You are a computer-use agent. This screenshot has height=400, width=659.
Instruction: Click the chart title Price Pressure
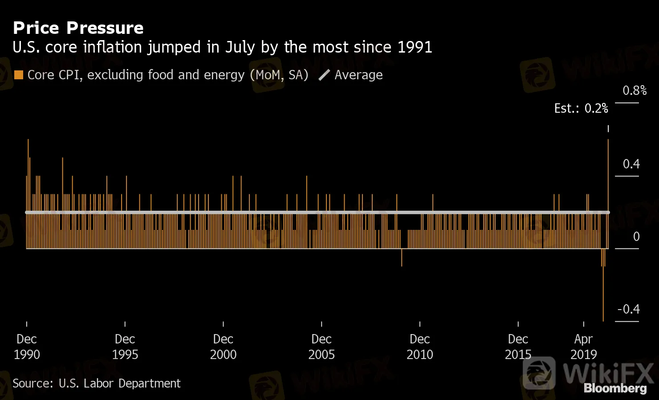78,28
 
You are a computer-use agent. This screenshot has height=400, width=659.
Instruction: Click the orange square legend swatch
19,75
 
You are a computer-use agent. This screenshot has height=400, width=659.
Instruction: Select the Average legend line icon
324,75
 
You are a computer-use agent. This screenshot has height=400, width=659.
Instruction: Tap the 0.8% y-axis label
634,90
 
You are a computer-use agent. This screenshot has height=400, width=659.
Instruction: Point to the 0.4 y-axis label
631,164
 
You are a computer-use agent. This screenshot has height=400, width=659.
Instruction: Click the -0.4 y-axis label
628,309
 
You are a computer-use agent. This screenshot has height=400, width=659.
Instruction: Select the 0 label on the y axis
636,237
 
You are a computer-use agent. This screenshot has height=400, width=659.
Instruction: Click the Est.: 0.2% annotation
581,108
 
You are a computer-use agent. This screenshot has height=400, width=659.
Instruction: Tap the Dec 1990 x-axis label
27,347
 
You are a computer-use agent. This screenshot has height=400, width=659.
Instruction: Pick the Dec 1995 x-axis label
125,347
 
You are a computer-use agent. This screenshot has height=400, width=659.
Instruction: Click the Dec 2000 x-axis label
223,347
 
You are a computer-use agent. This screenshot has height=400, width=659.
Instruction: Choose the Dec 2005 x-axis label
321,347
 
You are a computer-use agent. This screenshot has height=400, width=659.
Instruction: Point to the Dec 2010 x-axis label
420,347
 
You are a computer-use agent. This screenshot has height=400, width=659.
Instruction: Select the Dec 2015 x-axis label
518,347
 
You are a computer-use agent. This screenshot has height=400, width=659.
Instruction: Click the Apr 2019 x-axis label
583,347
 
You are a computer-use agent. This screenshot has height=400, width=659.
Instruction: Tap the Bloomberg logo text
615,388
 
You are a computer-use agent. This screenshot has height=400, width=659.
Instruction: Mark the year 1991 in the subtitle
415,47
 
